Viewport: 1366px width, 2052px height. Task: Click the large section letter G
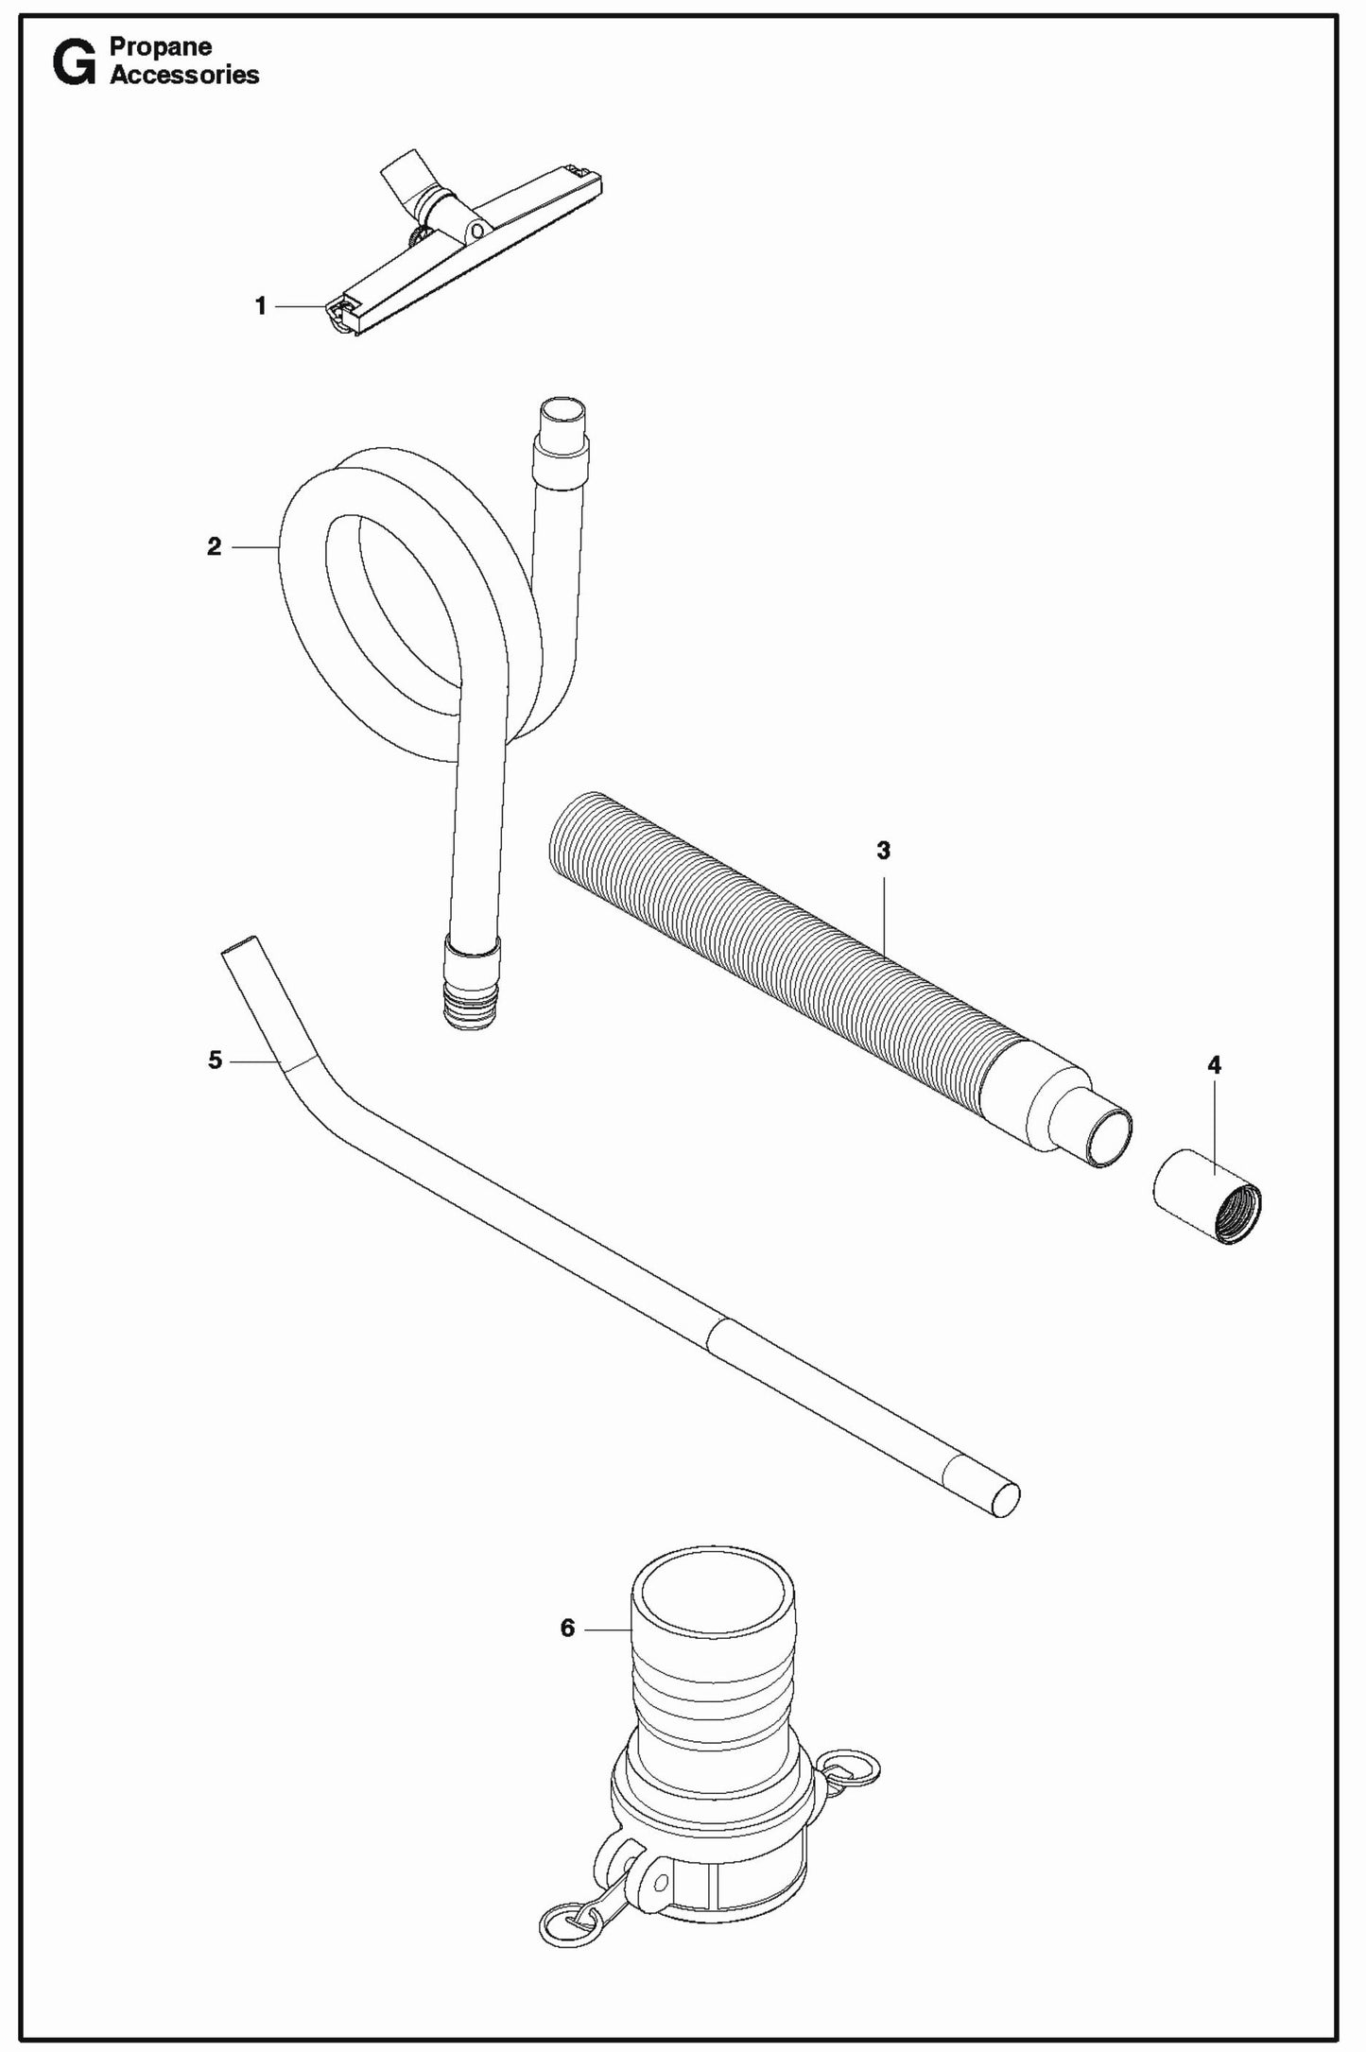tap(74, 63)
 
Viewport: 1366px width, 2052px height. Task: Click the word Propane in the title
tap(161, 47)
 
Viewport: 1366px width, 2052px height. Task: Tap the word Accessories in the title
tap(184, 76)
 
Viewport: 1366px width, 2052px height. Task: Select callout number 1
tap(261, 306)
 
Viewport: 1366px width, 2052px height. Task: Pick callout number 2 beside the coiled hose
tap(215, 546)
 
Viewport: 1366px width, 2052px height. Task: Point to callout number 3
tap(883, 851)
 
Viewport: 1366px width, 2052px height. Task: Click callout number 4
tap(1214, 1065)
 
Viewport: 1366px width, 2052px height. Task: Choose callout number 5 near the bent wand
tap(216, 1060)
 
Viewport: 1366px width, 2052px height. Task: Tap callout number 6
tap(567, 1628)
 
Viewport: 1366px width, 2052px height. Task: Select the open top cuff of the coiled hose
tap(562, 418)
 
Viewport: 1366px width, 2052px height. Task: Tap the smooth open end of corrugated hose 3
tap(1109, 1139)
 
